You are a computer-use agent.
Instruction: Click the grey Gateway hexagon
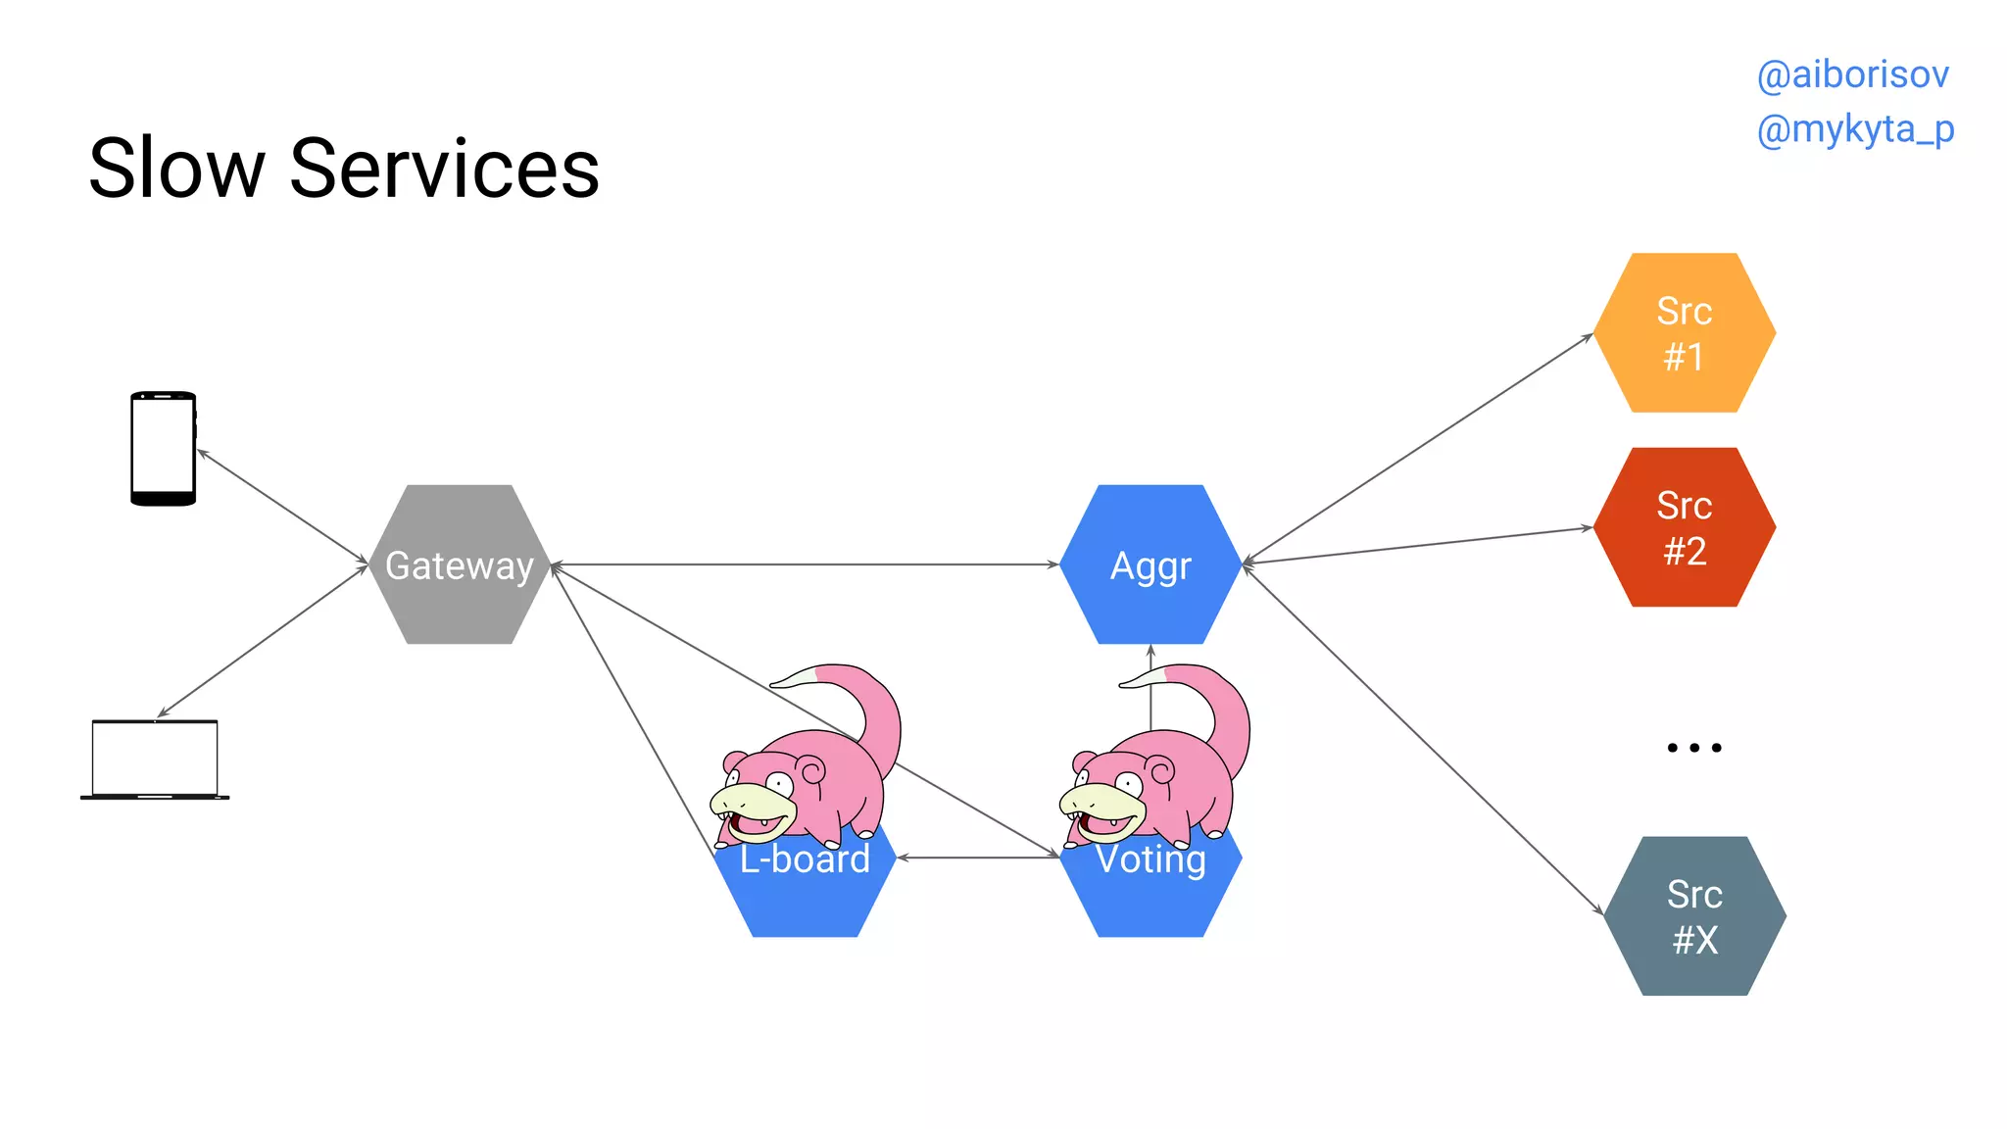[460, 564]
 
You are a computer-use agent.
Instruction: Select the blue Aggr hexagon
[1150, 564]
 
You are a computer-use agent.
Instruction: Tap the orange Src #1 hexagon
[1684, 333]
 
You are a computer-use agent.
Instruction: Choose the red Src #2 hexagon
[1684, 527]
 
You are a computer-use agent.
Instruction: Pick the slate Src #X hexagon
[1694, 916]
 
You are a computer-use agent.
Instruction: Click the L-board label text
[805, 859]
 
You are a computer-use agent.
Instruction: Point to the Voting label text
[1150, 859]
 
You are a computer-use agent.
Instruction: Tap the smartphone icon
[163, 449]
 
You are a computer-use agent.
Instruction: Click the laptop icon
[155, 761]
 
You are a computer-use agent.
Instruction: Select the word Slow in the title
[176, 169]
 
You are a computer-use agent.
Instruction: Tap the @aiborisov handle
[1852, 74]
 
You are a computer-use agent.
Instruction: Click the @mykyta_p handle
[1855, 129]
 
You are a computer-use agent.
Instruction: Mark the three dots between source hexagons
[1693, 748]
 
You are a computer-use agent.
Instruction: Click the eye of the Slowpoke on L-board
[780, 784]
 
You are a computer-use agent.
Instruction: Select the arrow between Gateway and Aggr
[804, 564]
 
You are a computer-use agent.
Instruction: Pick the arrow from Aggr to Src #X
[1421, 740]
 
